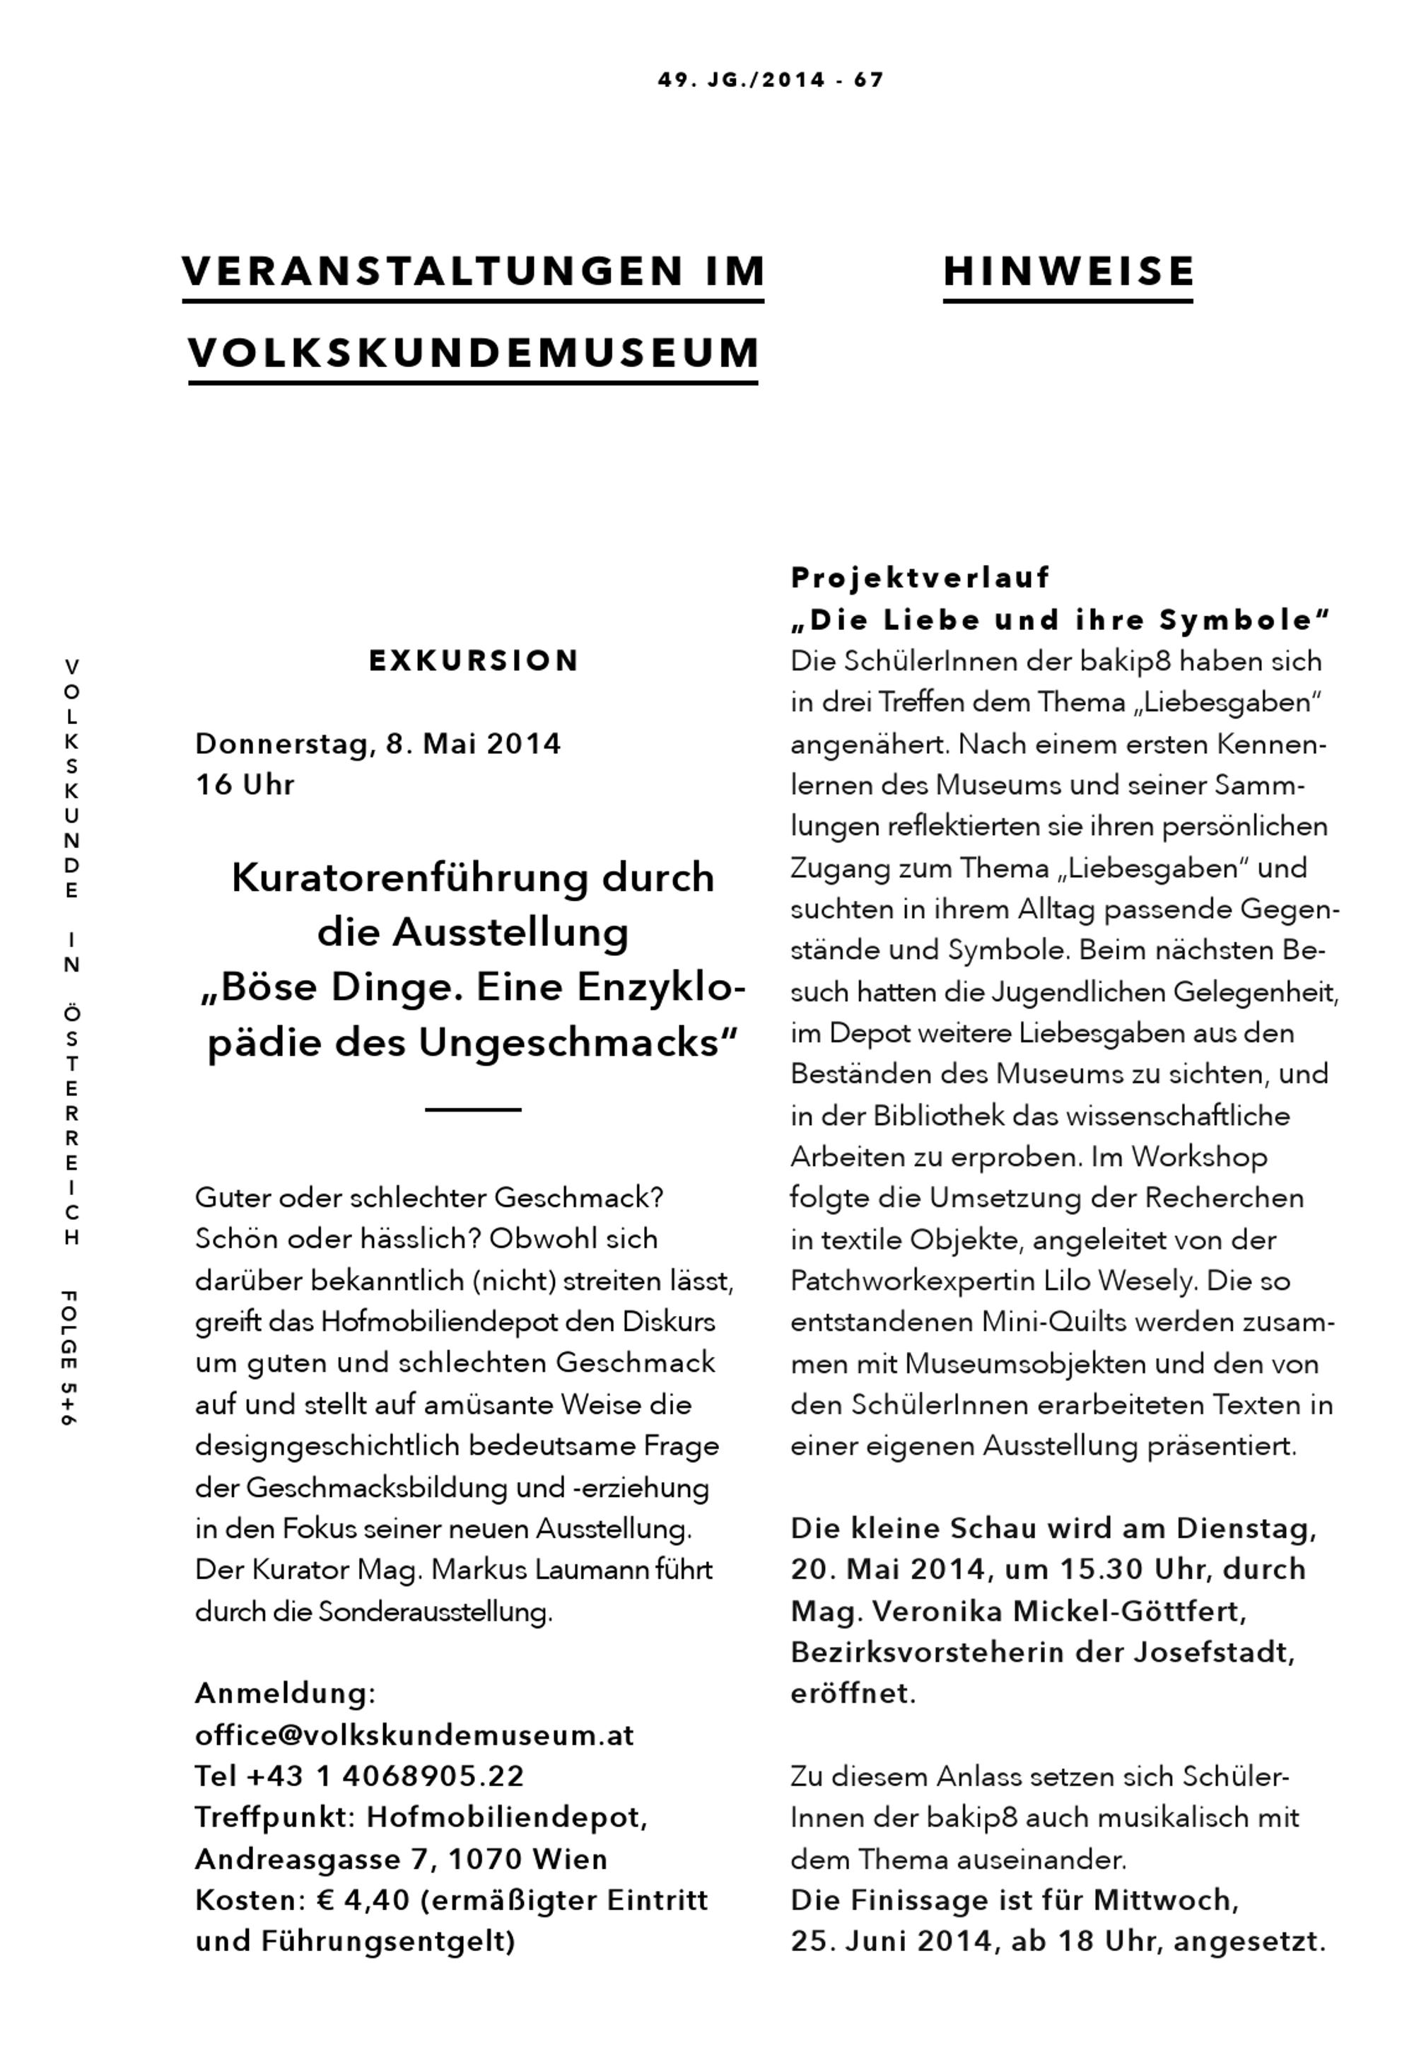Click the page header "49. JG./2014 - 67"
pyautogui.click(x=770, y=81)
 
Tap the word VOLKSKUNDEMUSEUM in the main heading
pyautogui.click(x=474, y=353)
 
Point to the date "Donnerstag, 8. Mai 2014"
pyautogui.click(x=378, y=742)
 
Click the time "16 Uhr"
pyautogui.click(x=245, y=784)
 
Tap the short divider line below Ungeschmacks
pyautogui.click(x=473, y=1110)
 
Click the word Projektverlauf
pyautogui.click(x=920, y=578)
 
